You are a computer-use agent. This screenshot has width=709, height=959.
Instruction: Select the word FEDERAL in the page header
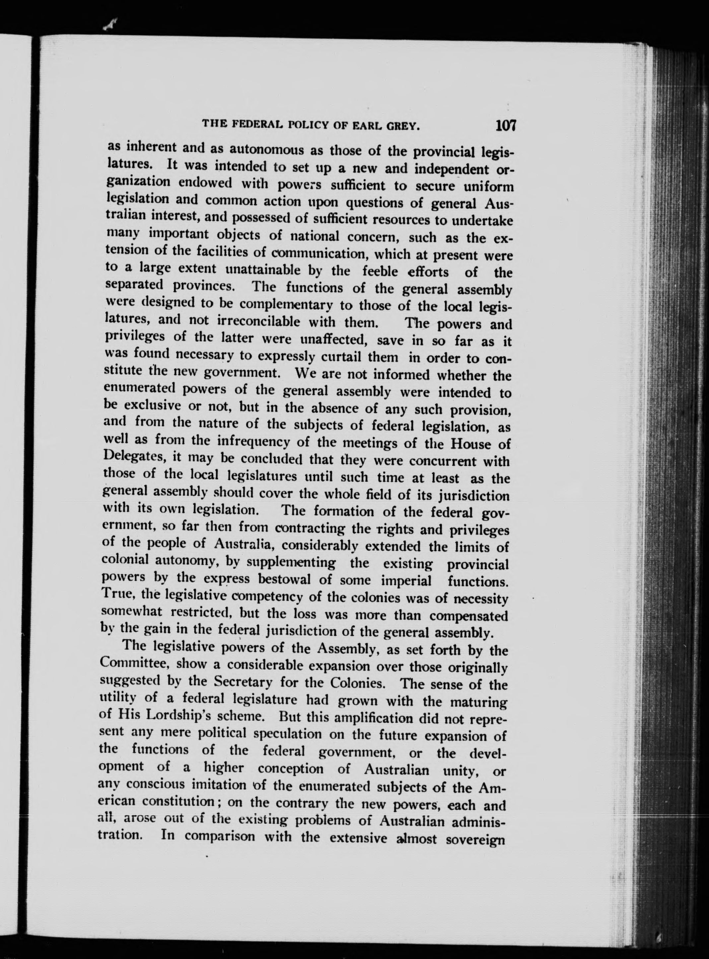tap(250, 124)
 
